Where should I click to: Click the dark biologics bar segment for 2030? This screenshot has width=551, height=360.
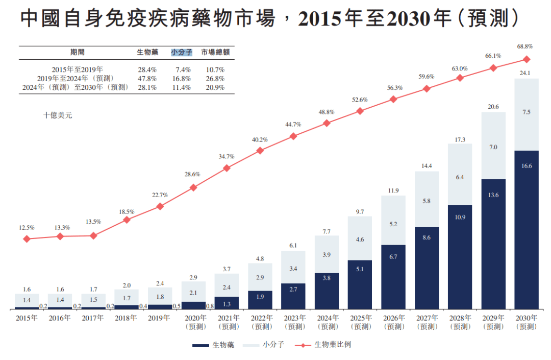(x=527, y=230)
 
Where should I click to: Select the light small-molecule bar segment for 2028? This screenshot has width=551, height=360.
(x=460, y=174)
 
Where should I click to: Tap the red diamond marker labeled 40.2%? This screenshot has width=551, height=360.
(x=260, y=151)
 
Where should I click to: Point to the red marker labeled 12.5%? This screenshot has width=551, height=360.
(x=27, y=239)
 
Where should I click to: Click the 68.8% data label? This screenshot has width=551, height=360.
(x=525, y=46)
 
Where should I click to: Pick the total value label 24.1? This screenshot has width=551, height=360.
(x=525, y=73)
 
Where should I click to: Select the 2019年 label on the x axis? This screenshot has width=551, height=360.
(x=159, y=318)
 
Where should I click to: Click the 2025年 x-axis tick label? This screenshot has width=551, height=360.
(x=360, y=318)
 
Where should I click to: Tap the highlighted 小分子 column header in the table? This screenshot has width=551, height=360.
(x=181, y=52)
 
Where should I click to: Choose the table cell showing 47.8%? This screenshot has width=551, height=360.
(x=147, y=79)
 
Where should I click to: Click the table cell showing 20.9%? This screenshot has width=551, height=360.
(x=215, y=87)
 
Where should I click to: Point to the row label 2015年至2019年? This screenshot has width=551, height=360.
(x=77, y=69)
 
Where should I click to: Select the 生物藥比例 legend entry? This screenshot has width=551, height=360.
(x=333, y=345)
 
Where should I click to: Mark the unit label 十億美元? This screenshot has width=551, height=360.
(x=58, y=115)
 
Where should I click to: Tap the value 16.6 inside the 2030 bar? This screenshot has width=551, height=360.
(x=527, y=166)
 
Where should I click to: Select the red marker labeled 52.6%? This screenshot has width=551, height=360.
(x=360, y=111)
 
